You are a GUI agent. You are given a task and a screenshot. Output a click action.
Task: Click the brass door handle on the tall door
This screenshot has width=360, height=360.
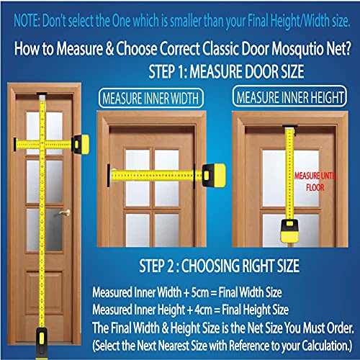click(65, 212)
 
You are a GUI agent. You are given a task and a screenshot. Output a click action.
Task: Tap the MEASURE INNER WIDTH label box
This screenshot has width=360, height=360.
click(151, 98)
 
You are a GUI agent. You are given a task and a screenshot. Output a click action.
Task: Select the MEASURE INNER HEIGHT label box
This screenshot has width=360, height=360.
click(289, 96)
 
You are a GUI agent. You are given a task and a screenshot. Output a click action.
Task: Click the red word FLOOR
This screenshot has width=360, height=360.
click(315, 187)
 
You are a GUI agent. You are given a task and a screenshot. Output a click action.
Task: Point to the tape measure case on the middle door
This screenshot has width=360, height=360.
click(214, 176)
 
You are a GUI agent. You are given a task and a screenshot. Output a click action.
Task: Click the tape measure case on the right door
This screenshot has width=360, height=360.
click(289, 230)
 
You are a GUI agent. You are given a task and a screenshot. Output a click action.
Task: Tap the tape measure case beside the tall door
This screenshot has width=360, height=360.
click(81, 145)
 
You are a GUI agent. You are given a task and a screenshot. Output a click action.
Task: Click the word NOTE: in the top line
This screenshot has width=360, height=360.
click(27, 21)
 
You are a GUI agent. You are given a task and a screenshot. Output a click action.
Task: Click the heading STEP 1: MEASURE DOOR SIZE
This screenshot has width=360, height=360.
click(226, 71)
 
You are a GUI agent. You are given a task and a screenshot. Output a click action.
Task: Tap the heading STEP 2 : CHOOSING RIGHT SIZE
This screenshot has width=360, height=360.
click(219, 266)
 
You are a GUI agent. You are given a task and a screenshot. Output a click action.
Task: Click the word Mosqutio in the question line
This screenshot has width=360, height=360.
click(300, 49)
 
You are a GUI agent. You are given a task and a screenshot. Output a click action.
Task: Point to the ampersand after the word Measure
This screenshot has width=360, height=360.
click(109, 49)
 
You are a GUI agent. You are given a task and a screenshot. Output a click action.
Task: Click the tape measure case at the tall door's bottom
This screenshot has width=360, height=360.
click(42, 343)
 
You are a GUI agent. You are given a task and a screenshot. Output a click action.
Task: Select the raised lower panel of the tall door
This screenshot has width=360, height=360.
click(45, 292)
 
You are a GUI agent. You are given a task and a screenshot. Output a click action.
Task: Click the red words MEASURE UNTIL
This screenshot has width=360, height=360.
click(315, 176)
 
